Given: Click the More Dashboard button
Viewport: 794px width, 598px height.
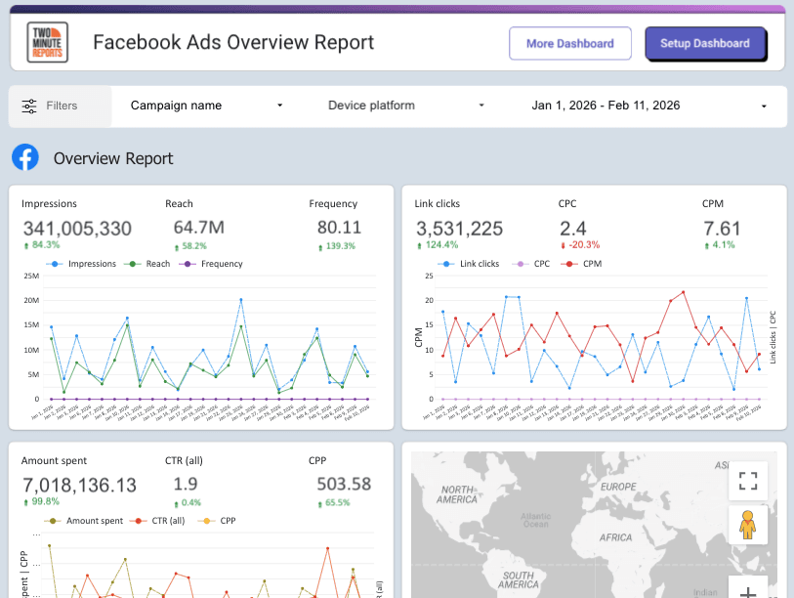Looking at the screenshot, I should pos(569,43).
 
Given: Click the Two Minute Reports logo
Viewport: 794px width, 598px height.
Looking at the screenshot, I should pos(48,43).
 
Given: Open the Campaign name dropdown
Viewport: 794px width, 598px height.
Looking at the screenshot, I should pos(206,106).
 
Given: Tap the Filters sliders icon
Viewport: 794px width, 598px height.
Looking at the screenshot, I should pos(30,106).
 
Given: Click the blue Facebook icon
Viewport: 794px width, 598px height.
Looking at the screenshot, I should pos(25,157).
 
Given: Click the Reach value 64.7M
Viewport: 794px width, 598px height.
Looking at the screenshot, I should pos(198,228).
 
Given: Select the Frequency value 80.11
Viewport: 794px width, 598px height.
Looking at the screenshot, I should pos(339,228).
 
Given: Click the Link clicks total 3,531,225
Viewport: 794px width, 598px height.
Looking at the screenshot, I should pos(459,229).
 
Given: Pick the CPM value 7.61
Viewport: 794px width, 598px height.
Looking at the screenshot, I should pos(722,229).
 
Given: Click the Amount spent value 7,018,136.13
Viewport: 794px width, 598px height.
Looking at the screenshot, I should pos(79,485).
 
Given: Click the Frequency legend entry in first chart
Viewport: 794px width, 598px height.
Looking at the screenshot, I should pos(215,264).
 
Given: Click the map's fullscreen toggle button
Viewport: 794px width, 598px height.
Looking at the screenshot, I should pos(748,481).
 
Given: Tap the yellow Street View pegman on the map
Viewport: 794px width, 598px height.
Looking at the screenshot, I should pos(748,526).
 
